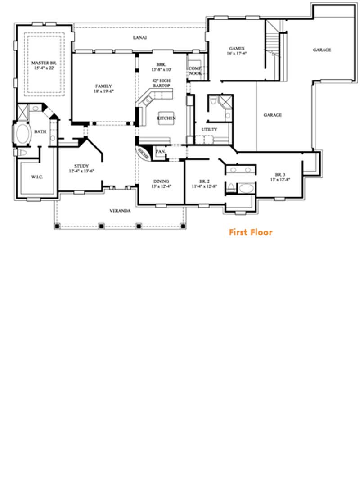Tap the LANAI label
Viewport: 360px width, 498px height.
(139, 38)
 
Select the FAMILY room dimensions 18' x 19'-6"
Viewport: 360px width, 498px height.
(103, 91)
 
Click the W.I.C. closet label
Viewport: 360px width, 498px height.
(37, 177)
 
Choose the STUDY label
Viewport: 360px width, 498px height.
(81, 165)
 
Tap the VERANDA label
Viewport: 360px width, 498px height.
(120, 211)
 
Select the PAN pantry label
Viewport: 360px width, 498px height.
(160, 152)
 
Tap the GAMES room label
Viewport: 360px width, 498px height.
(237, 48)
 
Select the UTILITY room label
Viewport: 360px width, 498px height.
(209, 130)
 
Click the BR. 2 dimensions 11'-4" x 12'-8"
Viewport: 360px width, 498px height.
(204, 186)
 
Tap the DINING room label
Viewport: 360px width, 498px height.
(161, 181)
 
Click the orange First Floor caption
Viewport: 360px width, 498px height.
(251, 232)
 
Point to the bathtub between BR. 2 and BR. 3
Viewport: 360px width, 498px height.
(245, 187)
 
